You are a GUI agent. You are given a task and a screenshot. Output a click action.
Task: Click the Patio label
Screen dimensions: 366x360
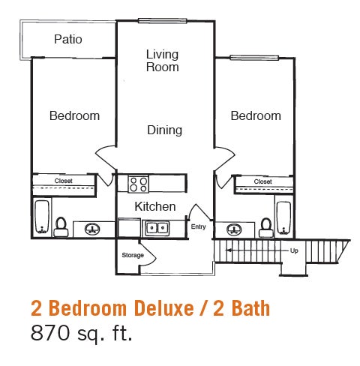coord(68,39)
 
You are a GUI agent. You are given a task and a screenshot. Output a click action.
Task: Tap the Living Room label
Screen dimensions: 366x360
coord(163,60)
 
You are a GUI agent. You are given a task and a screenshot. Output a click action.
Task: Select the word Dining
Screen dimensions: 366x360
coord(164,130)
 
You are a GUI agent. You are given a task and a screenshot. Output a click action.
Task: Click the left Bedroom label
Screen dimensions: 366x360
coord(74,115)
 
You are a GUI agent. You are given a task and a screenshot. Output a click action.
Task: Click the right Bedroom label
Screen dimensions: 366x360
coord(256,115)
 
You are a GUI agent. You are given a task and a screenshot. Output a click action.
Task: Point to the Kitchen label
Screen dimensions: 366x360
coord(155,206)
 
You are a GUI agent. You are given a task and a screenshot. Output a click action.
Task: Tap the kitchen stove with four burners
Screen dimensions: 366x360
coord(138,184)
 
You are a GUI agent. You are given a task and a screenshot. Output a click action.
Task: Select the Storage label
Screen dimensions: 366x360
coord(133,255)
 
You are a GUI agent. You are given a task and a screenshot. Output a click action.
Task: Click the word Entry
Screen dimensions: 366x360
coord(198,226)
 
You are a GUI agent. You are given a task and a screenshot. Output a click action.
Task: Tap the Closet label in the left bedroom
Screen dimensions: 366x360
coord(63,181)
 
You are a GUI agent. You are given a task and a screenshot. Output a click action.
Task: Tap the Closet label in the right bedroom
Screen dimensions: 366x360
coord(262,181)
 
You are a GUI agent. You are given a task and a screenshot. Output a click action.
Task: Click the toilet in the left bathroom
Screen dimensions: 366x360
coord(62,223)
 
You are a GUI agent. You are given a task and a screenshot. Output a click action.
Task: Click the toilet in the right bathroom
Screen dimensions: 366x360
coord(265,223)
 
